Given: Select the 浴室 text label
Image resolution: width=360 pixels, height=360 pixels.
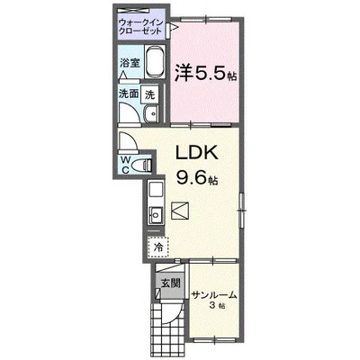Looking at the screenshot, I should point(130,63).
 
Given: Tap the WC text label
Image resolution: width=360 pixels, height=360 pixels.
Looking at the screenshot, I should point(126,164).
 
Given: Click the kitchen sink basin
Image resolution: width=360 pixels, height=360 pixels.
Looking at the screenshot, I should point(154,215).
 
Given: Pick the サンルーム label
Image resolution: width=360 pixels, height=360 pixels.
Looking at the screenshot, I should point(214,294).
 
